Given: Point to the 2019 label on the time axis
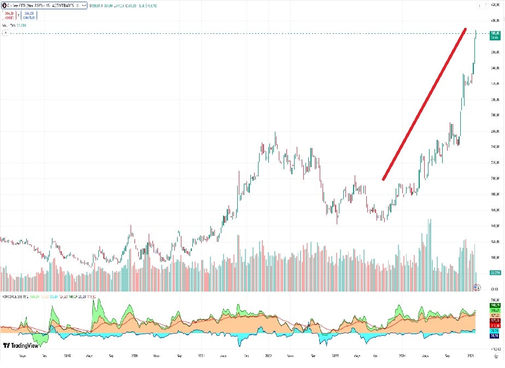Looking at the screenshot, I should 68,355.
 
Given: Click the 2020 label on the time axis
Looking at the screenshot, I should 135,355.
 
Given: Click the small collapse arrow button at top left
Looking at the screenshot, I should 5,33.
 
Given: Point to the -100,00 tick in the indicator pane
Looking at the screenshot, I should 496,347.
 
